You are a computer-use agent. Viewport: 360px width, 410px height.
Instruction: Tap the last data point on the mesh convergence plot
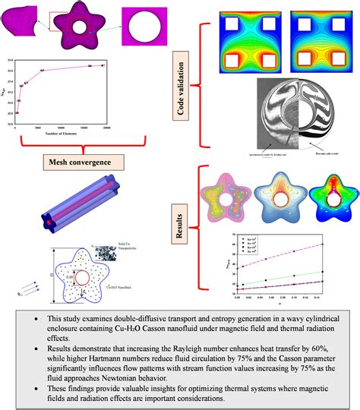click(103, 65)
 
